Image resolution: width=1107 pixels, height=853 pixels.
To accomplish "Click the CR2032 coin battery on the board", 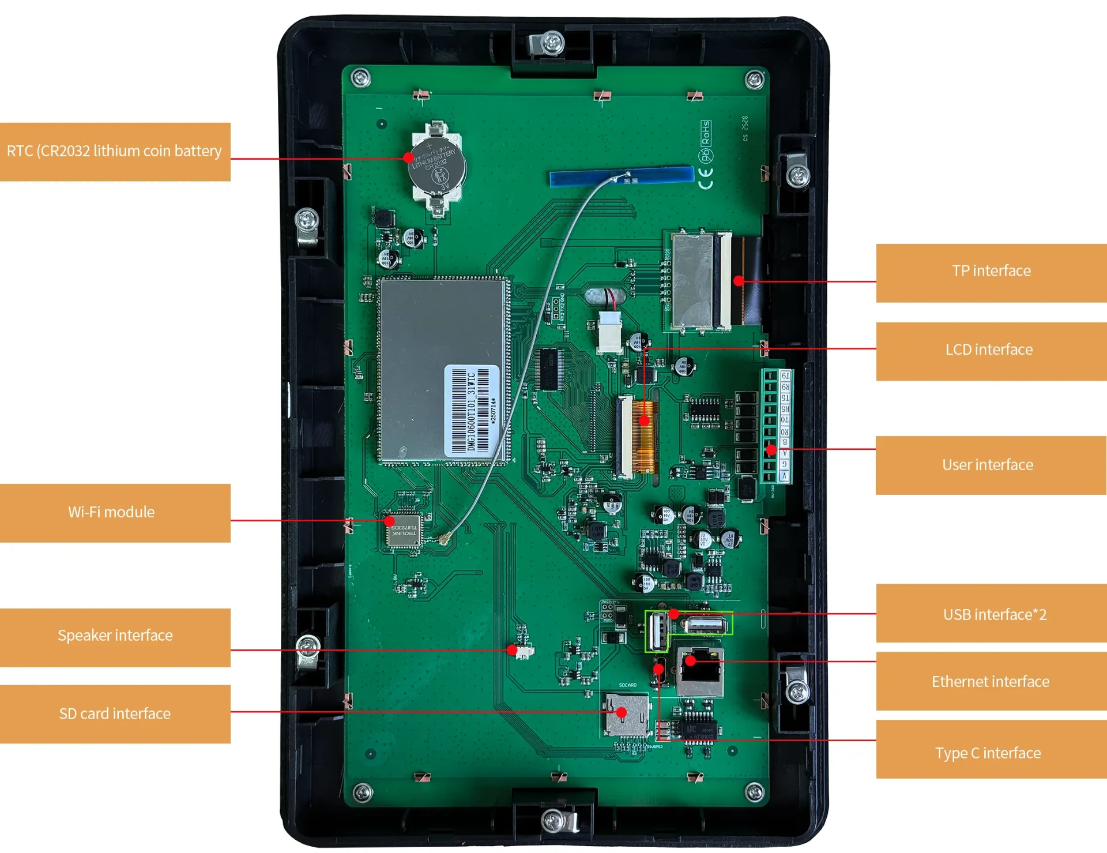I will click(437, 166).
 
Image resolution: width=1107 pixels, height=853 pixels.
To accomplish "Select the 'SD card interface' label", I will click(115, 714).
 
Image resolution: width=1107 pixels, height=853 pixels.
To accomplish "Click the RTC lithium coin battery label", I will click(115, 152).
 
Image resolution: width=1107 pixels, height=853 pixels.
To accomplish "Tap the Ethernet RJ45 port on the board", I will click(700, 672).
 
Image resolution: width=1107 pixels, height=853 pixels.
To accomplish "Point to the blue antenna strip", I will click(621, 176).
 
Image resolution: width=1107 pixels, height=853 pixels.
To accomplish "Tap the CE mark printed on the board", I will click(706, 178).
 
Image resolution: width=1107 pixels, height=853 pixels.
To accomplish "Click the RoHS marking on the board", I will click(706, 133).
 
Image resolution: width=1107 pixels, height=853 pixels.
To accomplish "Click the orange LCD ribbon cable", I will click(645, 436).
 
